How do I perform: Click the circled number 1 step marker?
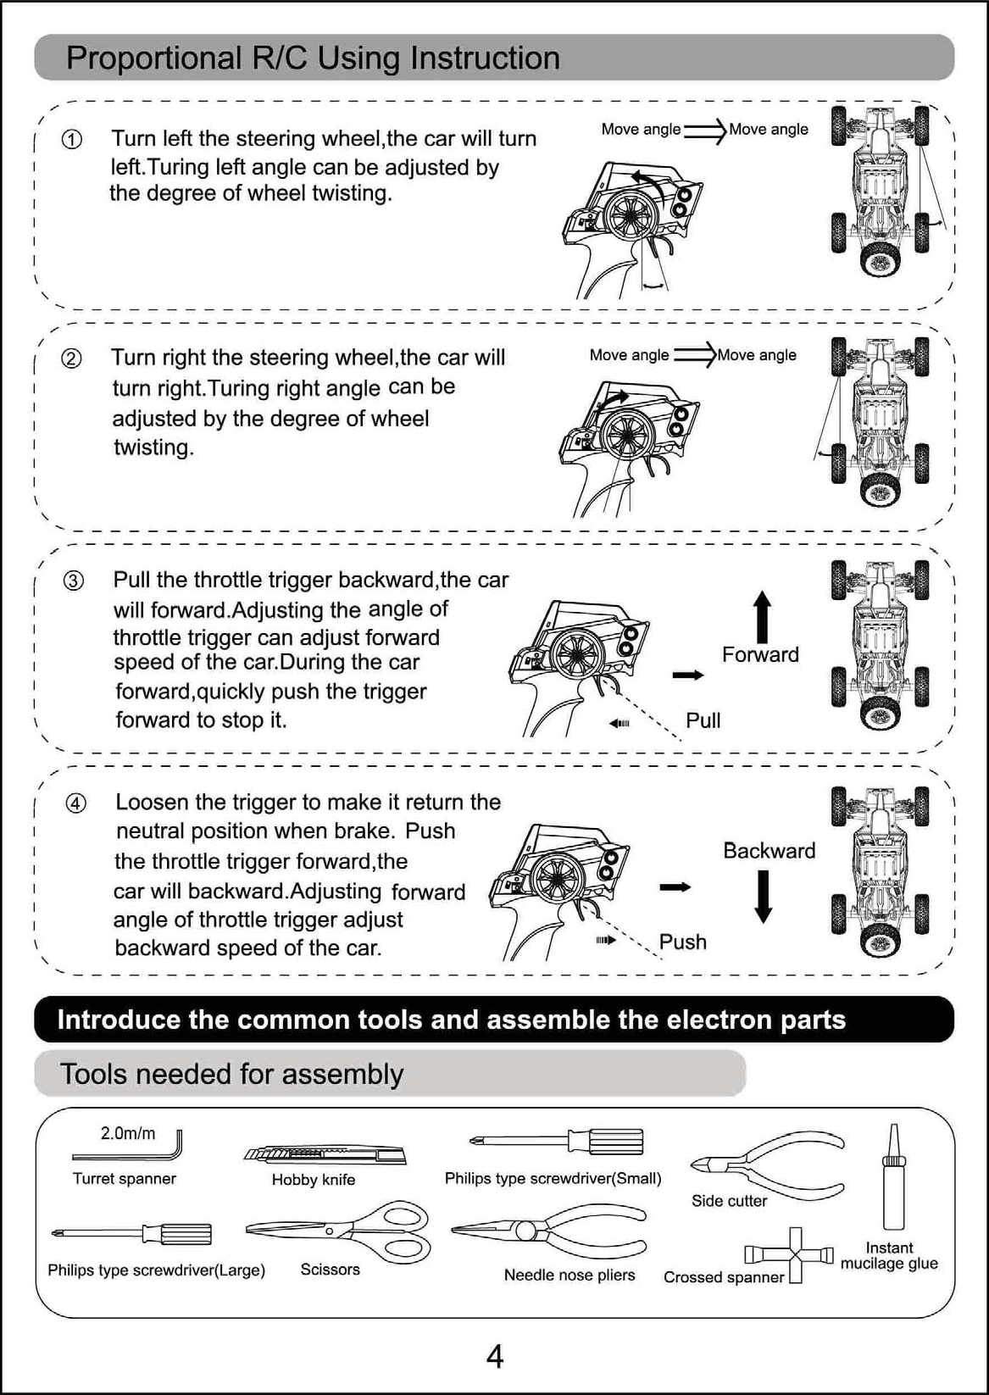coord(73,140)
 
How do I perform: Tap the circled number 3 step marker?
coord(74,581)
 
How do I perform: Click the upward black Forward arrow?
coord(763,616)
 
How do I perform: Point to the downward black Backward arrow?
coord(764,896)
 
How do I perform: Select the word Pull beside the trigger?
coord(703,720)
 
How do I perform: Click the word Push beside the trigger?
coord(682,942)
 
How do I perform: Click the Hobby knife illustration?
coord(325,1154)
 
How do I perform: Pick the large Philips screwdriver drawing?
coord(131,1233)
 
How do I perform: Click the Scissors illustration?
coord(339,1231)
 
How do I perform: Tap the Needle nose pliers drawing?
coord(549,1236)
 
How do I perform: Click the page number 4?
coord(495,1357)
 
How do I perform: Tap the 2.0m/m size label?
coord(128,1133)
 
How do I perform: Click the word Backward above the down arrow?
coord(769,850)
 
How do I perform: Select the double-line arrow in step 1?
coord(704,131)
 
